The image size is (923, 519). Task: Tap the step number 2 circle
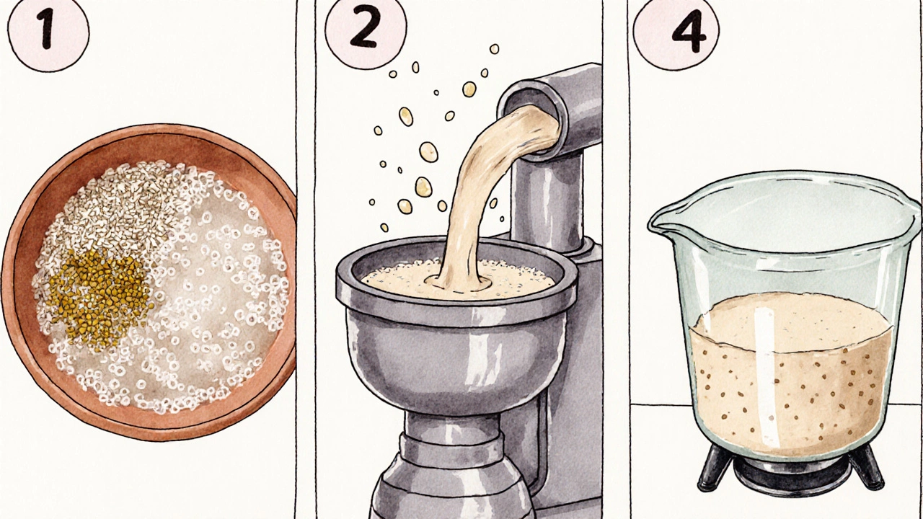[x=366, y=29]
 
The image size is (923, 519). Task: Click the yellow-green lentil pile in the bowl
[x=99, y=296]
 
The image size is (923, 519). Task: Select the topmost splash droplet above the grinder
[x=494, y=49]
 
